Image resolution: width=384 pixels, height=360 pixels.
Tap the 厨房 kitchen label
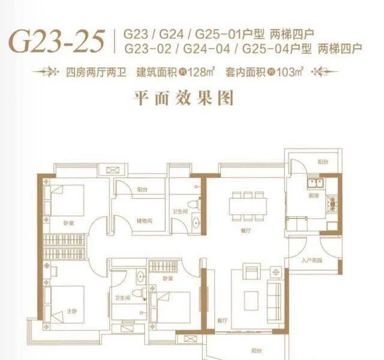pos(313,196)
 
